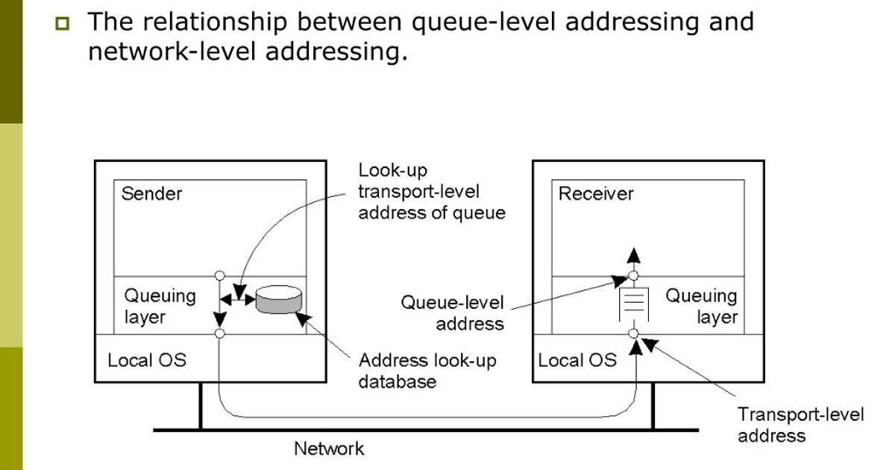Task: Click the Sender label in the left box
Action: click(151, 194)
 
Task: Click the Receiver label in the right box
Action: click(596, 194)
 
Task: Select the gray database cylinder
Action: click(279, 300)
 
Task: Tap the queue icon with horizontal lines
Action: click(633, 304)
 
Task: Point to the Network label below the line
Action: click(329, 448)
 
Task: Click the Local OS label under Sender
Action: click(147, 360)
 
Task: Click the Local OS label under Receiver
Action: click(577, 360)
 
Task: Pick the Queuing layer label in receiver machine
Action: click(701, 306)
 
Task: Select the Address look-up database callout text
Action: click(427, 371)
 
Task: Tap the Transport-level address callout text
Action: click(800, 424)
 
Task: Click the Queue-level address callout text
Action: click(453, 313)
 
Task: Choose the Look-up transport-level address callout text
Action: click(431, 192)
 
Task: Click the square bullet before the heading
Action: click(60, 24)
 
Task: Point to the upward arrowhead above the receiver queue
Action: click(633, 255)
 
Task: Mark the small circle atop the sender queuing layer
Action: click(219, 275)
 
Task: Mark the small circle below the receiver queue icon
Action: click(633, 333)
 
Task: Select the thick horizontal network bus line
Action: click(425, 430)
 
